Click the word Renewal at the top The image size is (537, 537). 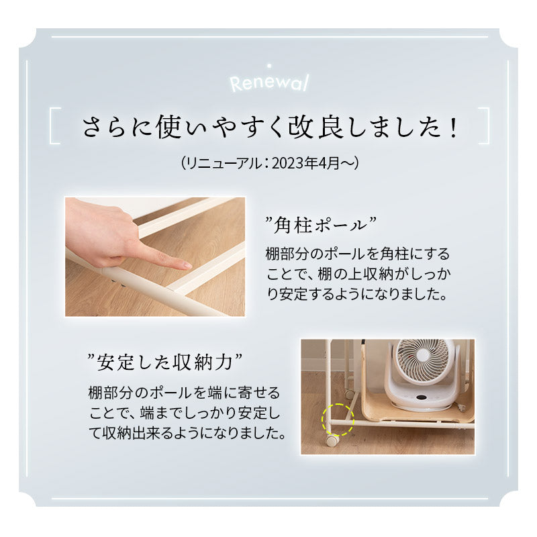pyautogui.click(x=268, y=83)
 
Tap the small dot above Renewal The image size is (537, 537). pyautogui.click(x=268, y=65)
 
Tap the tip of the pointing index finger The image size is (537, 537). pyautogui.click(x=187, y=266)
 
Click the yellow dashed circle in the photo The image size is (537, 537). pyautogui.click(x=337, y=420)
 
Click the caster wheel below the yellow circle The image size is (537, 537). pyautogui.click(x=332, y=440)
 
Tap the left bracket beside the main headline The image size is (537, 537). pyautogui.click(x=56, y=126)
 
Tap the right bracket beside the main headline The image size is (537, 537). pyautogui.click(x=482, y=126)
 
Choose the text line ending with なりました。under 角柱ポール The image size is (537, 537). pyautogui.click(x=356, y=294)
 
